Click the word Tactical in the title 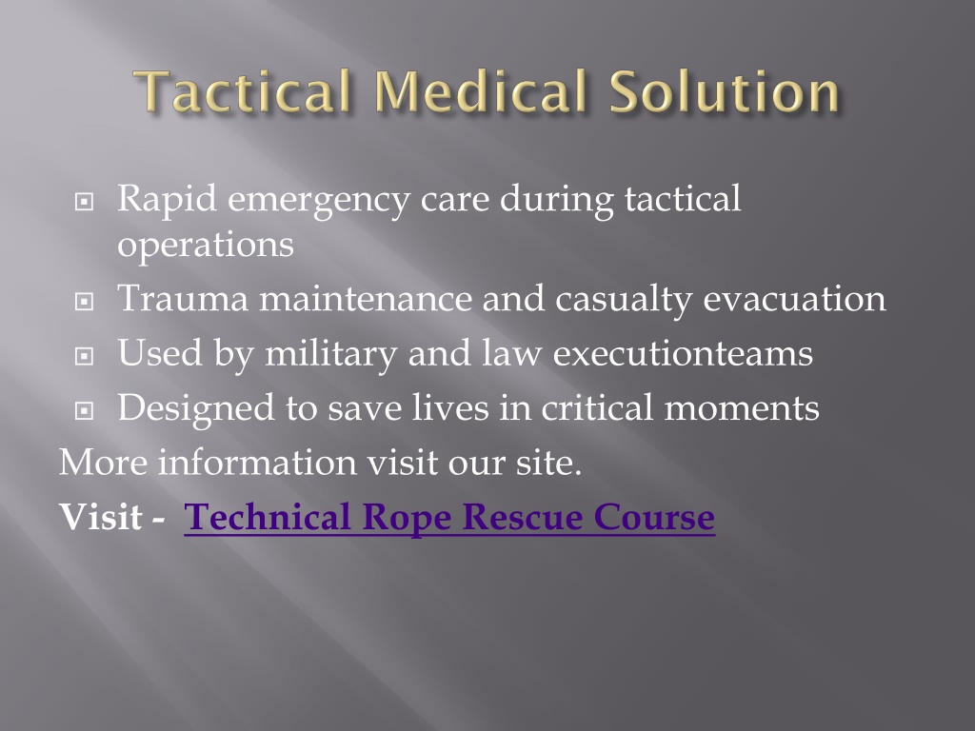[x=243, y=91]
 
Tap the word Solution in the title [x=725, y=91]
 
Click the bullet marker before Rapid [x=84, y=202]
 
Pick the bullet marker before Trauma [x=84, y=302]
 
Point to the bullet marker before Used [x=84, y=356]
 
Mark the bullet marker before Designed [x=84, y=410]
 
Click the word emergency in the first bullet [x=319, y=200]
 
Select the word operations [x=206, y=245]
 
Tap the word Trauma [x=183, y=298]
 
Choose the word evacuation [x=794, y=298]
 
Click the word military [x=330, y=353]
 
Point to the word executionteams [x=683, y=353]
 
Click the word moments [x=742, y=408]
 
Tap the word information [x=257, y=463]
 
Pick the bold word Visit [x=100, y=517]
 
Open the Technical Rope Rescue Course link [x=449, y=517]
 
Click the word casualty [x=623, y=299]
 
